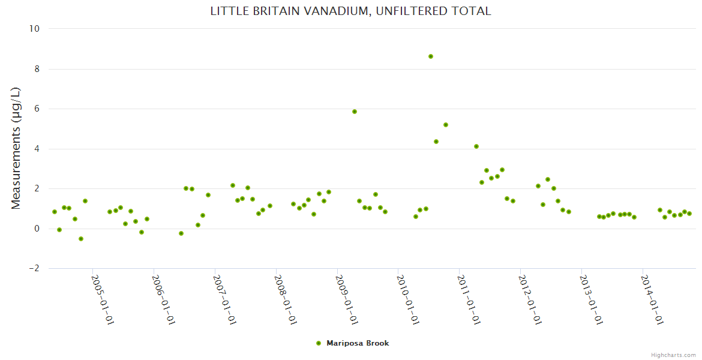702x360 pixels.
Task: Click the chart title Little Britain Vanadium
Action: pos(350,11)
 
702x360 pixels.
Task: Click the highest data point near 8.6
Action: pos(431,56)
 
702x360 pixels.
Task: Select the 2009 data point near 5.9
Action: pos(355,112)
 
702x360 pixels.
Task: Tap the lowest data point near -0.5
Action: pos(81,239)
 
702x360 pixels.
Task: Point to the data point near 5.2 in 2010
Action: pos(446,125)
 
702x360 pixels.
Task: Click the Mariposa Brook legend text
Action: pos(358,343)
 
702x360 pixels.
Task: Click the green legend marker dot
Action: pos(319,343)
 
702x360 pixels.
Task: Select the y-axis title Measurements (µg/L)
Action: pos(16,148)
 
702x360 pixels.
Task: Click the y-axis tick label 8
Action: pos(37,69)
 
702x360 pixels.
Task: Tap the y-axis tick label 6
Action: pos(37,109)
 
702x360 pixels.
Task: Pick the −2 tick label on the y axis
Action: pos(34,268)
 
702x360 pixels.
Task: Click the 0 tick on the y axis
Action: pos(37,229)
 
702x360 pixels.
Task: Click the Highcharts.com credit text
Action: pos(673,355)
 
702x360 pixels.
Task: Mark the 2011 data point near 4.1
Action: pos(476,146)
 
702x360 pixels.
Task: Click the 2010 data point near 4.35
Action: pos(436,142)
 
